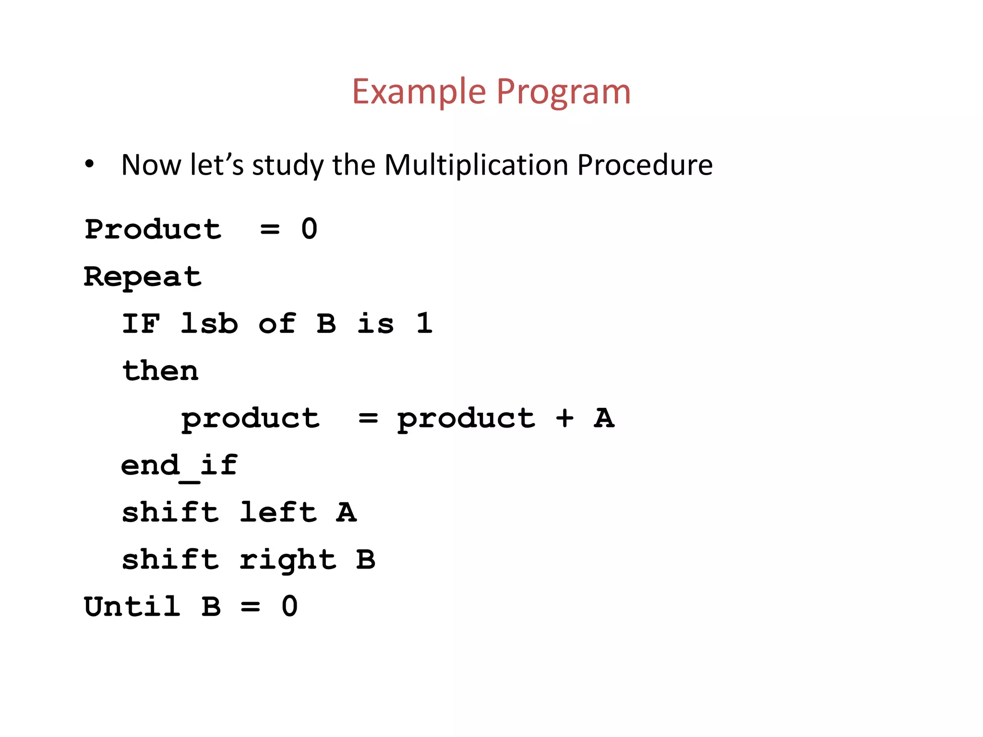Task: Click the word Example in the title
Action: coord(419,92)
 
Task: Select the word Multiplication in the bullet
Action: coord(476,165)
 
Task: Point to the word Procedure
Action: coord(645,165)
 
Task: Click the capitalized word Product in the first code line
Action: coord(153,229)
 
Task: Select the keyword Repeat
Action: coord(143,277)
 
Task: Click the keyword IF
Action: coord(141,323)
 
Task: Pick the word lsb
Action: coord(209,323)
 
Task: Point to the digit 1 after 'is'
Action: coord(424,323)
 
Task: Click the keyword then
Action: coord(160,370)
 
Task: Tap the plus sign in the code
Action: coord(564,418)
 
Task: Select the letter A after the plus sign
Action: coord(604,418)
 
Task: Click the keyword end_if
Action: coord(179,465)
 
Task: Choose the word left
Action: coord(278,512)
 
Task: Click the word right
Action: coord(288,560)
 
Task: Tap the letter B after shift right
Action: coord(366,559)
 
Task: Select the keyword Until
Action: coord(132,606)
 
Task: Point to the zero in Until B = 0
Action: coord(289,606)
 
